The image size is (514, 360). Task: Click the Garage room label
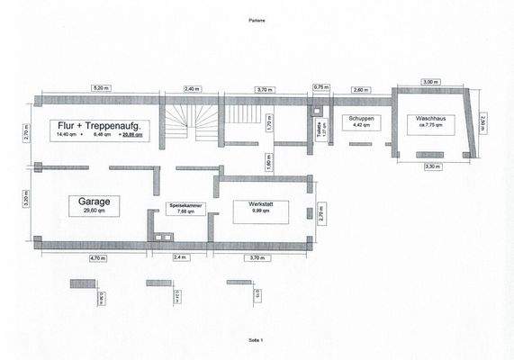(x=88, y=202)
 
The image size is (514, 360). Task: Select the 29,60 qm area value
(x=88, y=212)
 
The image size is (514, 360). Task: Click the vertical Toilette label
(x=320, y=132)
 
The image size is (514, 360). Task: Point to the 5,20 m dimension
(x=101, y=88)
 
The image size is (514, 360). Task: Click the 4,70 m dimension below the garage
(x=97, y=257)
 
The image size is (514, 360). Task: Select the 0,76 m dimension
(x=318, y=87)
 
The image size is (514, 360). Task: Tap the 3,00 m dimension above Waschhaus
(x=430, y=82)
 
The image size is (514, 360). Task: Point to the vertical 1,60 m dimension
(x=267, y=163)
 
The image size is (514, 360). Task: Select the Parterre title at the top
(x=257, y=19)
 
